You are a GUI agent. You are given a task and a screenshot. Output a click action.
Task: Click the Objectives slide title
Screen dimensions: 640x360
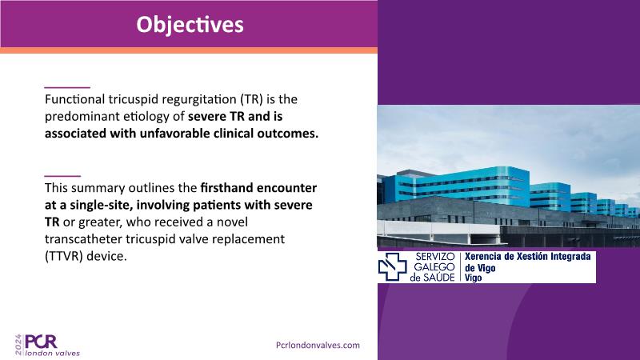pyautogui.click(x=190, y=25)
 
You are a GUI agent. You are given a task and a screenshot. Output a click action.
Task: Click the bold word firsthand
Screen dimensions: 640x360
pyautogui.click(x=226, y=188)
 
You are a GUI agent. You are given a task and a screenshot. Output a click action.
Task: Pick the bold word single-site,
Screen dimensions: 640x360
pyautogui.click(x=102, y=205)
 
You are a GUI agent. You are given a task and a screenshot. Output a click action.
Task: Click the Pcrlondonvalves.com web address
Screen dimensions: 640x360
pyautogui.click(x=318, y=345)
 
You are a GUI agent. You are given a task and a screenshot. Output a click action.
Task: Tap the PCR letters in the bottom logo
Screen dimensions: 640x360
pyautogui.click(x=42, y=342)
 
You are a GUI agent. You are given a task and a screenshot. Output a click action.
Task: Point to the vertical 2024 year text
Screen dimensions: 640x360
pyautogui.click(x=18, y=345)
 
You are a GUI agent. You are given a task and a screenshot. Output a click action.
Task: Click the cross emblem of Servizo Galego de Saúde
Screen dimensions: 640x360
pyautogui.click(x=392, y=266)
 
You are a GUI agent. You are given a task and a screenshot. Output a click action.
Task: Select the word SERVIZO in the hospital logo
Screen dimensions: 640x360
pyautogui.click(x=435, y=257)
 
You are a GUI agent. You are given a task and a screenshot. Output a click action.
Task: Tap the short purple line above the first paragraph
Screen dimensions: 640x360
pyautogui.click(x=67, y=87)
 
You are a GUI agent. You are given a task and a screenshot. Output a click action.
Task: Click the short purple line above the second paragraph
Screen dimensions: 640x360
pyautogui.click(x=62, y=176)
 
